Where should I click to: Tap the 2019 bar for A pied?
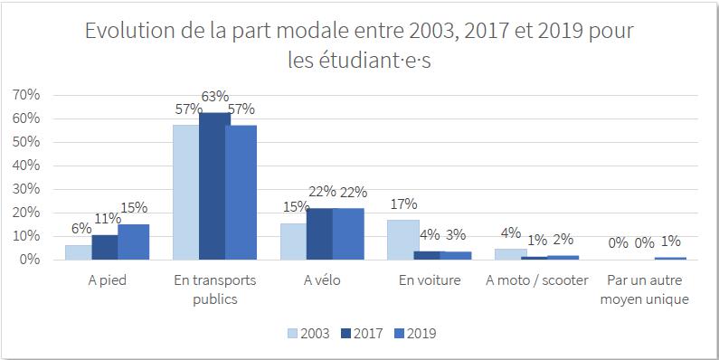(x=134, y=242)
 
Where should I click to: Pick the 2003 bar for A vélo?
(x=293, y=242)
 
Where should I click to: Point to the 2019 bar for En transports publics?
(x=241, y=193)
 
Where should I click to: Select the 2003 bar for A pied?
(x=79, y=252)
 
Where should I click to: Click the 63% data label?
(x=215, y=97)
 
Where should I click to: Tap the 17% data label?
(x=403, y=204)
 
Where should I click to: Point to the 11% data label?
(x=108, y=218)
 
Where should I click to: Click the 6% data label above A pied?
(x=81, y=228)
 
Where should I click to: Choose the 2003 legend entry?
(x=308, y=334)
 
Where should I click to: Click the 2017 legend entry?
(x=362, y=334)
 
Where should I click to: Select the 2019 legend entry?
(x=414, y=334)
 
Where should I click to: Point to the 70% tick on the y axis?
(x=27, y=95)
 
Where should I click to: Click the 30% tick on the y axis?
(x=27, y=189)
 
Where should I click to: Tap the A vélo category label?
(x=322, y=280)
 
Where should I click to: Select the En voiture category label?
(x=430, y=280)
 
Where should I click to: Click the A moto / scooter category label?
(x=536, y=280)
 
